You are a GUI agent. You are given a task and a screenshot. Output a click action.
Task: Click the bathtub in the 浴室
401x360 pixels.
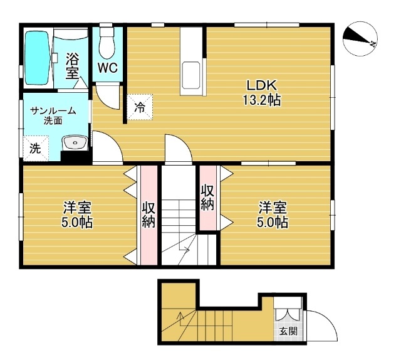(x=38, y=58)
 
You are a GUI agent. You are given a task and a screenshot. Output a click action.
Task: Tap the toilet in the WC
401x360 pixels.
(x=107, y=42)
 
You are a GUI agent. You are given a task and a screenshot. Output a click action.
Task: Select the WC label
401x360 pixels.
(x=108, y=68)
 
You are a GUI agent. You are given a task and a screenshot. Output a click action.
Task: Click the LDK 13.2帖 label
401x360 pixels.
(x=261, y=93)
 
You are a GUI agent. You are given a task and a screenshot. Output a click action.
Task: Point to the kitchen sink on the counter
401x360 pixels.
(x=190, y=75)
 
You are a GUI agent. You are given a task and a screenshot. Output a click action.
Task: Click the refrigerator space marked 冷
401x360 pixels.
(x=140, y=107)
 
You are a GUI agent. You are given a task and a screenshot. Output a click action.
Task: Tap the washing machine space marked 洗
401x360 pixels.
(x=36, y=148)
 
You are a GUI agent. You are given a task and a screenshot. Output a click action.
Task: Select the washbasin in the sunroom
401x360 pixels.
(x=75, y=142)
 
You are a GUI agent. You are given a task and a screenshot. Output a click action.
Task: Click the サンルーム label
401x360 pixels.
(x=53, y=111)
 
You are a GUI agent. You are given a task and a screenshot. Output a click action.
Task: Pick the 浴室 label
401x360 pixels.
(x=72, y=66)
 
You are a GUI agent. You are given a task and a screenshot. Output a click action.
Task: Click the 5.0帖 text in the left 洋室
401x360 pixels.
(x=77, y=222)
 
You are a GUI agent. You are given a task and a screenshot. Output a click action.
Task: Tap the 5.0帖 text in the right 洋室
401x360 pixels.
(x=273, y=223)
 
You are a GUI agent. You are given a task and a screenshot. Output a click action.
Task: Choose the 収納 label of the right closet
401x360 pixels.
(x=207, y=197)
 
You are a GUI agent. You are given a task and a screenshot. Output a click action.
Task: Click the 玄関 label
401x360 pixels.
(x=288, y=331)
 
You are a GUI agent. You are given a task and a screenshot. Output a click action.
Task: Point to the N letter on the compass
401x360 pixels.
(x=373, y=44)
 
